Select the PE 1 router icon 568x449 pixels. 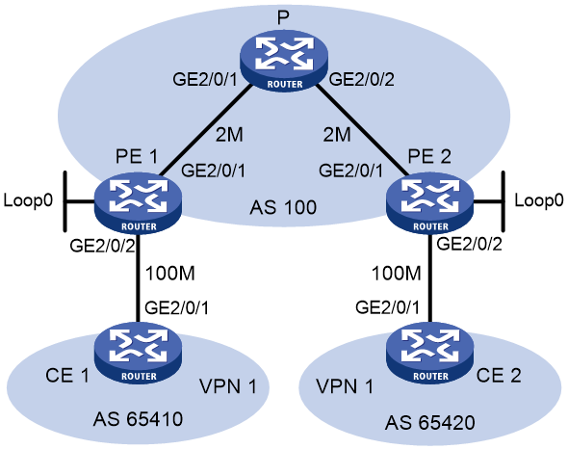tap(138, 203)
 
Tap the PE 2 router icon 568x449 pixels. tap(430, 203)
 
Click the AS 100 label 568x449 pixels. tap(283, 207)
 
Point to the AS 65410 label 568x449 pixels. tap(138, 419)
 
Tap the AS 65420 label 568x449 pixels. tap(430, 423)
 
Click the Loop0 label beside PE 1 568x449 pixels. tap(28, 200)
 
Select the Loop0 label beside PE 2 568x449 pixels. tap(539, 200)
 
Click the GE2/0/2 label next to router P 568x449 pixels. tap(362, 79)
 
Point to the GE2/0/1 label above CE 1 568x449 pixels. tap(177, 308)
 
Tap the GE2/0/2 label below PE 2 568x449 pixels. tap(470, 244)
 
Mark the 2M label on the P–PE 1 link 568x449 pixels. tap(229, 135)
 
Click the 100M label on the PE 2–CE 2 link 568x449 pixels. tap(397, 273)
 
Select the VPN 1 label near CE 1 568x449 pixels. tap(228, 386)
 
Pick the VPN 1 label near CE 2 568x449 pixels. tap(345, 386)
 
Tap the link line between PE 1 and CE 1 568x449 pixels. tap(138, 278)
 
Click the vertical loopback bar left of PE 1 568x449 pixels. tap(65, 201)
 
